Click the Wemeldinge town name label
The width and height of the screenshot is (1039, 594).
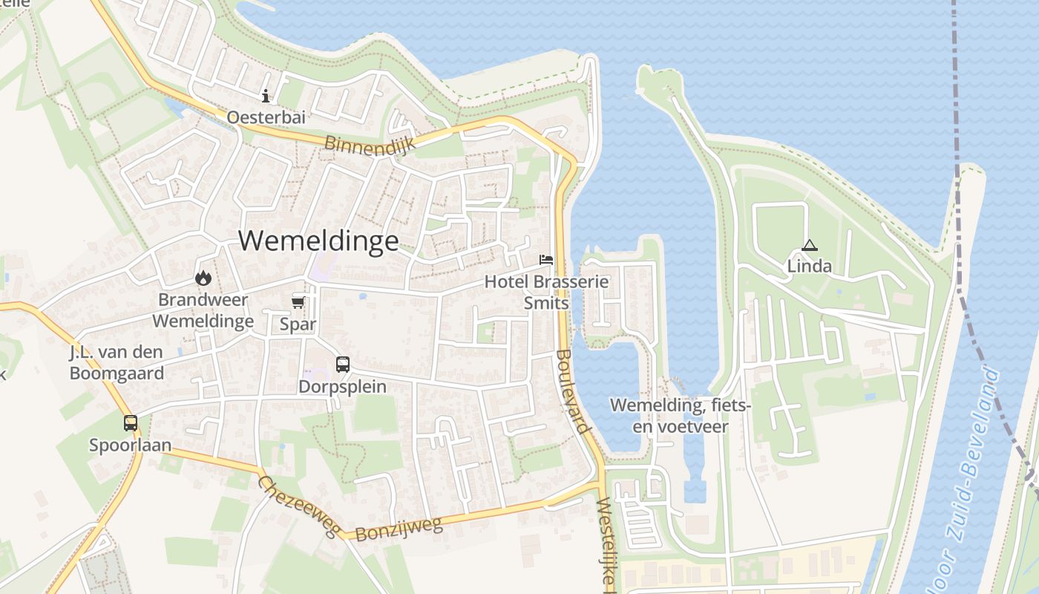[x=318, y=241]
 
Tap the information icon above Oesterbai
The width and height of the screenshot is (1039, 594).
[x=266, y=96]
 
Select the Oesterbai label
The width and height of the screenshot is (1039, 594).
[x=266, y=117]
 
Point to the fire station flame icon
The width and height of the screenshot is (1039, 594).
[x=203, y=278]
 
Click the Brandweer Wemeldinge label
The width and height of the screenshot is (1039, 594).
[x=203, y=310]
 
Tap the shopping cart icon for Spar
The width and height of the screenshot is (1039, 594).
[x=298, y=301]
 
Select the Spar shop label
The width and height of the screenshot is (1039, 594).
[x=298, y=324]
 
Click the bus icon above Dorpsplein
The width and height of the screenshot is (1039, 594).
[x=342, y=364]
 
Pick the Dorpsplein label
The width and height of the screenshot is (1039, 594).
[x=342, y=386]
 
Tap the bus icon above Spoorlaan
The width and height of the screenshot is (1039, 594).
[x=131, y=422]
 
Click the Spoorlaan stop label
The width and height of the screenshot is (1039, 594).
[x=131, y=445]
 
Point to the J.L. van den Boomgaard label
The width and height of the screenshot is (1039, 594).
[x=117, y=363]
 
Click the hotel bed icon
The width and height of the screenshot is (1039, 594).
[x=546, y=260]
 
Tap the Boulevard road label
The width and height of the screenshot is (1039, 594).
[x=572, y=391]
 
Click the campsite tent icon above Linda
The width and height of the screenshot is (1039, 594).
[x=809, y=245]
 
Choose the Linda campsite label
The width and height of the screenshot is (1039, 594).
[x=809, y=266]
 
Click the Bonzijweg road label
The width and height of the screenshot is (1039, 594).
[x=399, y=529]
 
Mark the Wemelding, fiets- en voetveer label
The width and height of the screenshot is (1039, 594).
[x=681, y=416]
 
